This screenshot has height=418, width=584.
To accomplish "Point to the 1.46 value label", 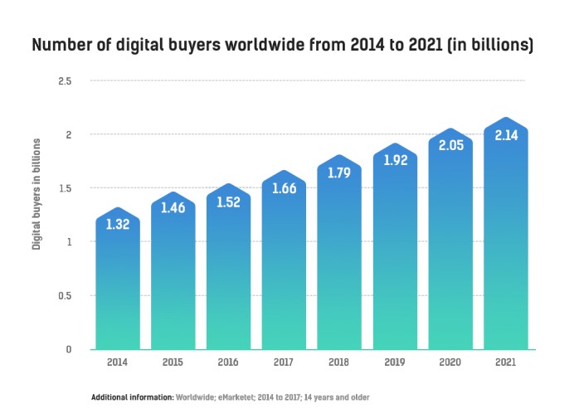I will (173, 209).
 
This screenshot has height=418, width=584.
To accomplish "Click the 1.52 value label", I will (228, 202).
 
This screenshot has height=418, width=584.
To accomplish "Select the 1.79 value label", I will (338, 173).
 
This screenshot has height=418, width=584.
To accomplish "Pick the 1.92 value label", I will (394, 160).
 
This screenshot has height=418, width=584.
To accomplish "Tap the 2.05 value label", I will (450, 145).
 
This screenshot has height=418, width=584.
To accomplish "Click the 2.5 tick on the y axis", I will (65, 81).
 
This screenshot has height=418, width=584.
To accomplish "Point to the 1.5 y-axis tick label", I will (65, 188).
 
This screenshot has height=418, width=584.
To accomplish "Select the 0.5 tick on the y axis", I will (65, 296).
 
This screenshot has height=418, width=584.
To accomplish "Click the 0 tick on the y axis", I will (69, 349).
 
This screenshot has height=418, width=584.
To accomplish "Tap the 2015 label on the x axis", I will (173, 362).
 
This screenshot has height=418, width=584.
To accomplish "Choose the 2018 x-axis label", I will (338, 362).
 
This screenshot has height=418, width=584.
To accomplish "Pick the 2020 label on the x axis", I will (450, 362).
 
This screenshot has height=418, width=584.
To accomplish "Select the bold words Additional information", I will (132, 397).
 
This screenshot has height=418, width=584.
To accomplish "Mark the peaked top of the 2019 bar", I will (394, 145).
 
